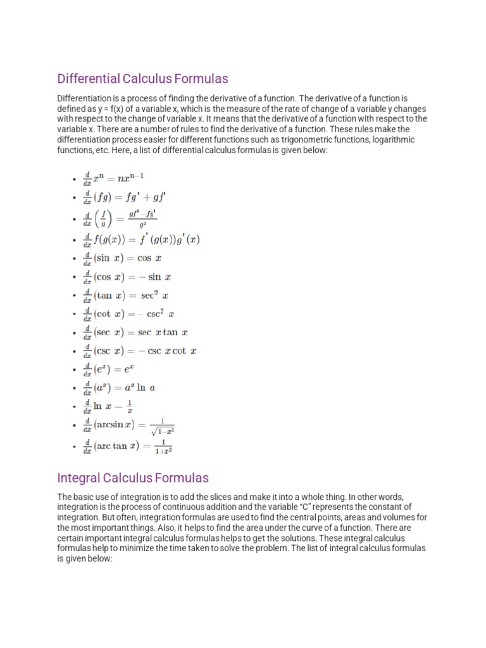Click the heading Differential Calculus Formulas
coord(142,79)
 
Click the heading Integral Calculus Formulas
coord(133,478)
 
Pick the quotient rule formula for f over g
coord(120,218)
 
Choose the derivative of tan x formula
coord(126,296)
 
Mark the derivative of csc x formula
coord(140,351)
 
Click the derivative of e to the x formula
coord(108,369)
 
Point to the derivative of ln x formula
coord(108,406)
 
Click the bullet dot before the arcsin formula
coord(75,427)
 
